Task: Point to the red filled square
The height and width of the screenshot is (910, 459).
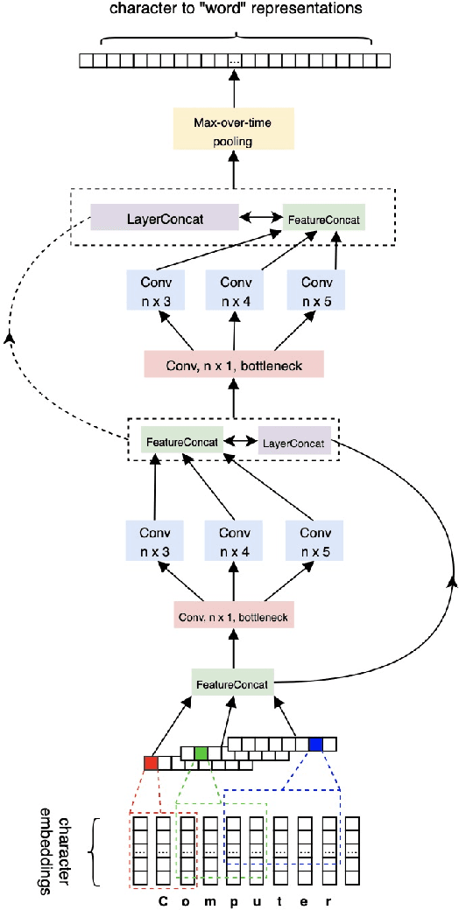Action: point(151,763)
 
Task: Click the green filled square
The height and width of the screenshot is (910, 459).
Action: point(201,752)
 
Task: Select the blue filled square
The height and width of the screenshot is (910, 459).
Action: point(315,744)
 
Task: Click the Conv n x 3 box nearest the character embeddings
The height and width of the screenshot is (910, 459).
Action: point(153,542)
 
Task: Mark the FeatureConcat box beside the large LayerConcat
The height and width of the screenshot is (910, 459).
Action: point(323,216)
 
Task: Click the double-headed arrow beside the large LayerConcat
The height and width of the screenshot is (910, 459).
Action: point(260,215)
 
